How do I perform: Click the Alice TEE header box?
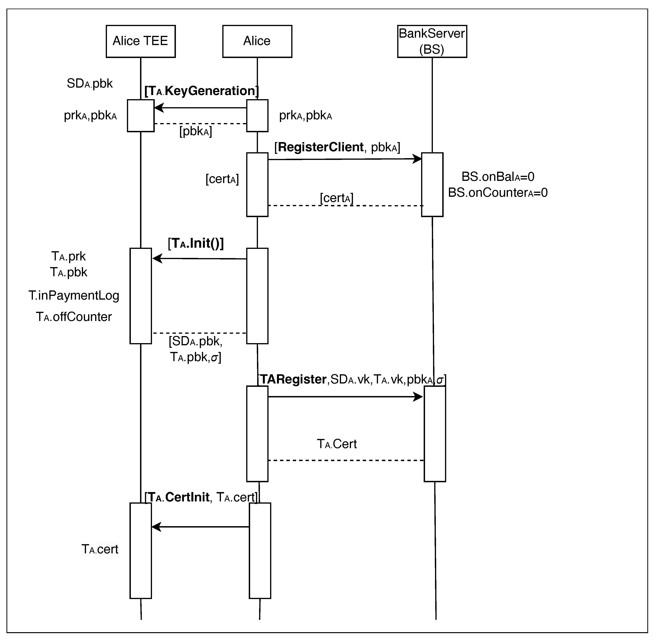[x=140, y=41]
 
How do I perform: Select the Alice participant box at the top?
[x=257, y=41]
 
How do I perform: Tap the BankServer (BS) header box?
[x=432, y=41]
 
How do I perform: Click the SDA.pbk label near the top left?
[x=90, y=83]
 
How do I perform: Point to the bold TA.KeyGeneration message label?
[x=202, y=91]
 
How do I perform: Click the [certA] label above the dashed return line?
[x=336, y=198]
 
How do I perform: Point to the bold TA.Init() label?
[x=196, y=243]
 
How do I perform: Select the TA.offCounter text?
[x=74, y=317]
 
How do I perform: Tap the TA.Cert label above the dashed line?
[x=336, y=444]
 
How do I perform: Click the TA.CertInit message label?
[x=201, y=497]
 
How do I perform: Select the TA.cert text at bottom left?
[x=100, y=549]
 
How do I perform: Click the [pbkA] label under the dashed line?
[x=195, y=131]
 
